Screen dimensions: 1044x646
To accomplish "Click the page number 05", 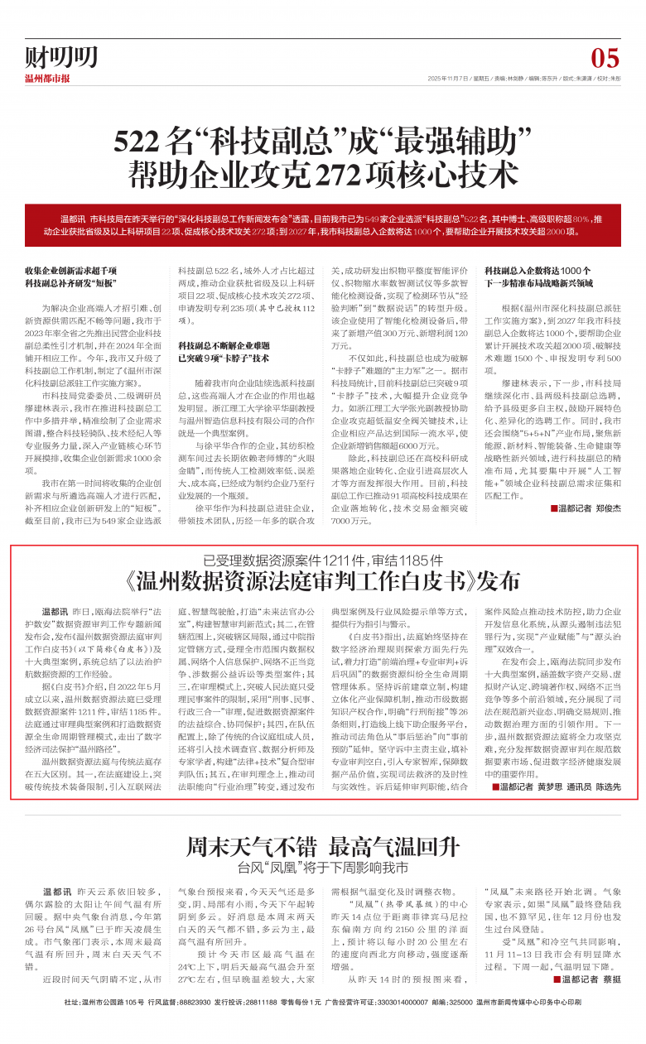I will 605,58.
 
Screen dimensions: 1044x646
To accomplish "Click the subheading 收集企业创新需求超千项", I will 70,271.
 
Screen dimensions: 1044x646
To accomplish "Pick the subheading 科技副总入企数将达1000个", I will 538,271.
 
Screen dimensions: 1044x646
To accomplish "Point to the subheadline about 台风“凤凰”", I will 323,845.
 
